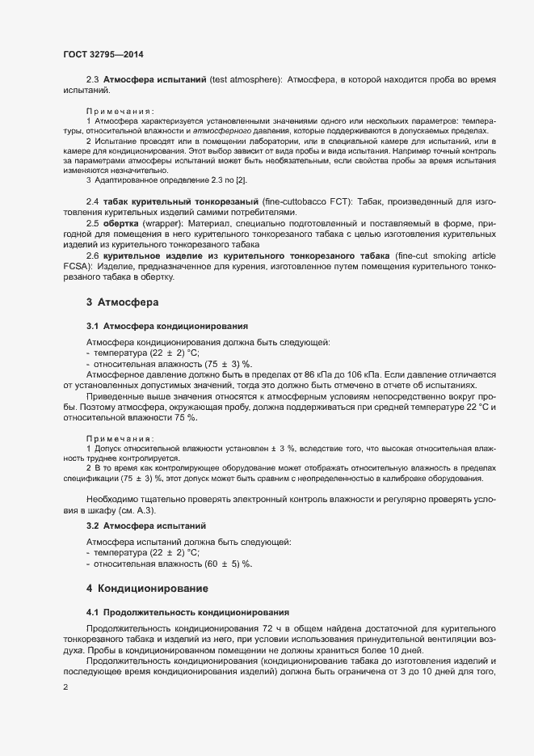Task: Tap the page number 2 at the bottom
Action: pos(65,688)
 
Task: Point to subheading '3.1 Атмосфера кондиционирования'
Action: pos(167,326)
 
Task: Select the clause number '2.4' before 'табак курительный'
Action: pos(92,200)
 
